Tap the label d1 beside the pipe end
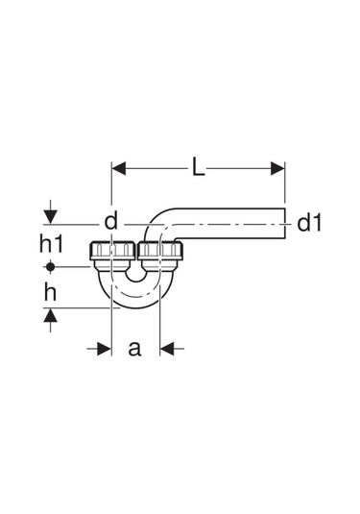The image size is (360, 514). [309, 223]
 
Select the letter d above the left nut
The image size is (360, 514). [110, 221]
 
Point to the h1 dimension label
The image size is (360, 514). [51, 244]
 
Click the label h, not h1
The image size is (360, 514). [50, 292]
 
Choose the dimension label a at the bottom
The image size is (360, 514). [134, 349]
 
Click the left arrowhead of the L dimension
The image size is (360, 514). [119, 168]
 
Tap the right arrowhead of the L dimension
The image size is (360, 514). [277, 168]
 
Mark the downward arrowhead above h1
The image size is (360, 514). [50, 217]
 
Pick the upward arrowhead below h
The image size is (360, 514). [50, 315]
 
